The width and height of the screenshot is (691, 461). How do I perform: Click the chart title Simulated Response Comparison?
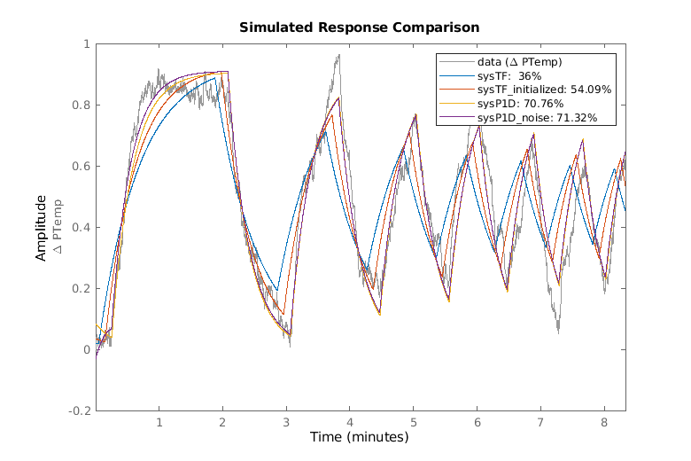tap(360, 27)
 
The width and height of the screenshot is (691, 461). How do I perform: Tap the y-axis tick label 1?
tap(86, 44)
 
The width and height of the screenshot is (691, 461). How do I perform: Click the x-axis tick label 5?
tap(413, 423)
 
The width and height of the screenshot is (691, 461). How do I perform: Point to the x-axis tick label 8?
tap(604, 423)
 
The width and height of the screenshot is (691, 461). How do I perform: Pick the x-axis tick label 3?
tap(286, 423)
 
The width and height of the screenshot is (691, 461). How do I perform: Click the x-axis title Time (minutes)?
tap(359, 437)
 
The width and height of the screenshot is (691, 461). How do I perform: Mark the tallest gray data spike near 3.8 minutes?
tap(338, 56)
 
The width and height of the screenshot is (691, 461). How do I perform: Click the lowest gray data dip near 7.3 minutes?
tap(559, 331)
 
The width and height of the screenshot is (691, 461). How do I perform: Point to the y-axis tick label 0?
tap(86, 350)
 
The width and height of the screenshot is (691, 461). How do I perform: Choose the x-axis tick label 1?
tap(159, 423)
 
